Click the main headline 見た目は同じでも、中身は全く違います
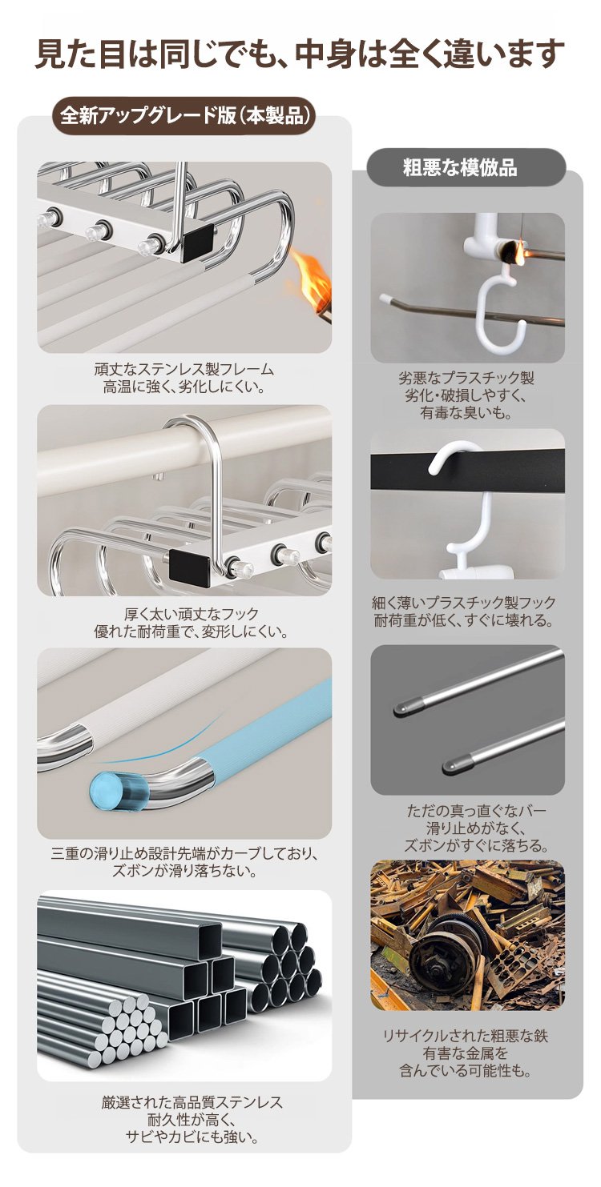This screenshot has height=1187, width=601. (300, 53)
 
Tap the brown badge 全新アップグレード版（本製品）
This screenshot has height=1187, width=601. (185, 115)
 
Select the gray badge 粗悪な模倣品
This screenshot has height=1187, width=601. (460, 167)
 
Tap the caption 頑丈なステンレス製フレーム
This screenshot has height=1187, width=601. (184, 369)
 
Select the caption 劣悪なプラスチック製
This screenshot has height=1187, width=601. (466, 378)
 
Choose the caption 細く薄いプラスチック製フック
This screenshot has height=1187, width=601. (464, 603)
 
